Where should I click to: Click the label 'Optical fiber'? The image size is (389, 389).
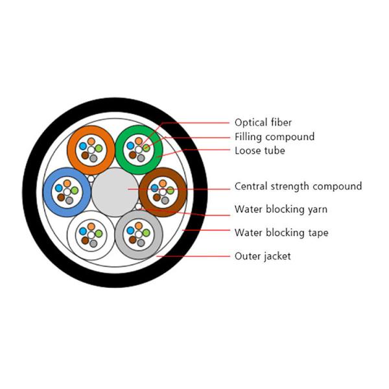263,122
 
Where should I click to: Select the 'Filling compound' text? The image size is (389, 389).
274,137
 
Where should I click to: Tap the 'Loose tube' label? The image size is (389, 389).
259,151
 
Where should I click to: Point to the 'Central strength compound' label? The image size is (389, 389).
298,187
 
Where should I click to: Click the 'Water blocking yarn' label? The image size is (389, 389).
281,209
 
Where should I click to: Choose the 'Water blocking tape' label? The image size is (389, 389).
281,233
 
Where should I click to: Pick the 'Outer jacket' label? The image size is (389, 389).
263,256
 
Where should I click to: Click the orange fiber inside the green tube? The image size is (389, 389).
138,141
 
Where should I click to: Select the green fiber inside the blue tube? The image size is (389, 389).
75,191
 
